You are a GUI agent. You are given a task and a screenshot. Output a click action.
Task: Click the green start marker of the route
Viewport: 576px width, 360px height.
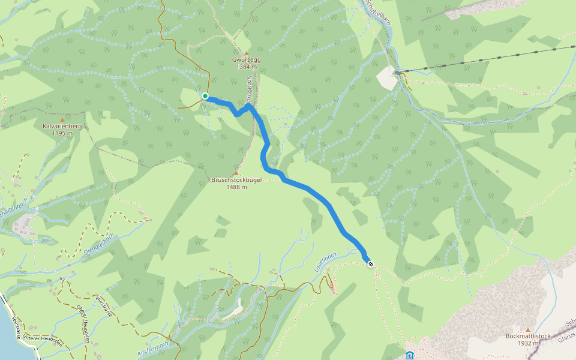point(205,96)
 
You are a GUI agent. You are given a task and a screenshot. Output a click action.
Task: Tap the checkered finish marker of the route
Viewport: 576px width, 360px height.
point(371,263)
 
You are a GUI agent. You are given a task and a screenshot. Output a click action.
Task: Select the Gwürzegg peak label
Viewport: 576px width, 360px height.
point(247,60)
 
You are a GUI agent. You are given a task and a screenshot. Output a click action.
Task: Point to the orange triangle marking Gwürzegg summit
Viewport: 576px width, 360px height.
point(246,53)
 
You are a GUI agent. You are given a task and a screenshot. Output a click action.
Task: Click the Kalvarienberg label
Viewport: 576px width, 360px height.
point(62,127)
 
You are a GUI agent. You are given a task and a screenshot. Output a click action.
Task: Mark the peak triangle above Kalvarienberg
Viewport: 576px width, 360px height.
point(62,119)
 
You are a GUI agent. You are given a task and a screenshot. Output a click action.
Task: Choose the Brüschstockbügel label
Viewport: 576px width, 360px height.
point(236,180)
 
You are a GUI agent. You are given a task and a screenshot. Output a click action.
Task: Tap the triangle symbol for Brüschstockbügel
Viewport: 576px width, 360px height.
point(236,173)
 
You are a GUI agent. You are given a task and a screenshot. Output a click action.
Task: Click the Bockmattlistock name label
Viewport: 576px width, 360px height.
point(527,337)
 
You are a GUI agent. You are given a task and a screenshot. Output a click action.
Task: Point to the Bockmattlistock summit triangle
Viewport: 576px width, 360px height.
point(527,329)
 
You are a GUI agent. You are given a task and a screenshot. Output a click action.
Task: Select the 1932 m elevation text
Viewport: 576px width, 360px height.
point(527,343)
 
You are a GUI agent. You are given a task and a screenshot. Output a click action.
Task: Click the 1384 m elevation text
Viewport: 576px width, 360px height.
point(246,67)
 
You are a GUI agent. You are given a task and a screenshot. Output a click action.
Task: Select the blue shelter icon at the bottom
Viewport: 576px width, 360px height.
point(410,355)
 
